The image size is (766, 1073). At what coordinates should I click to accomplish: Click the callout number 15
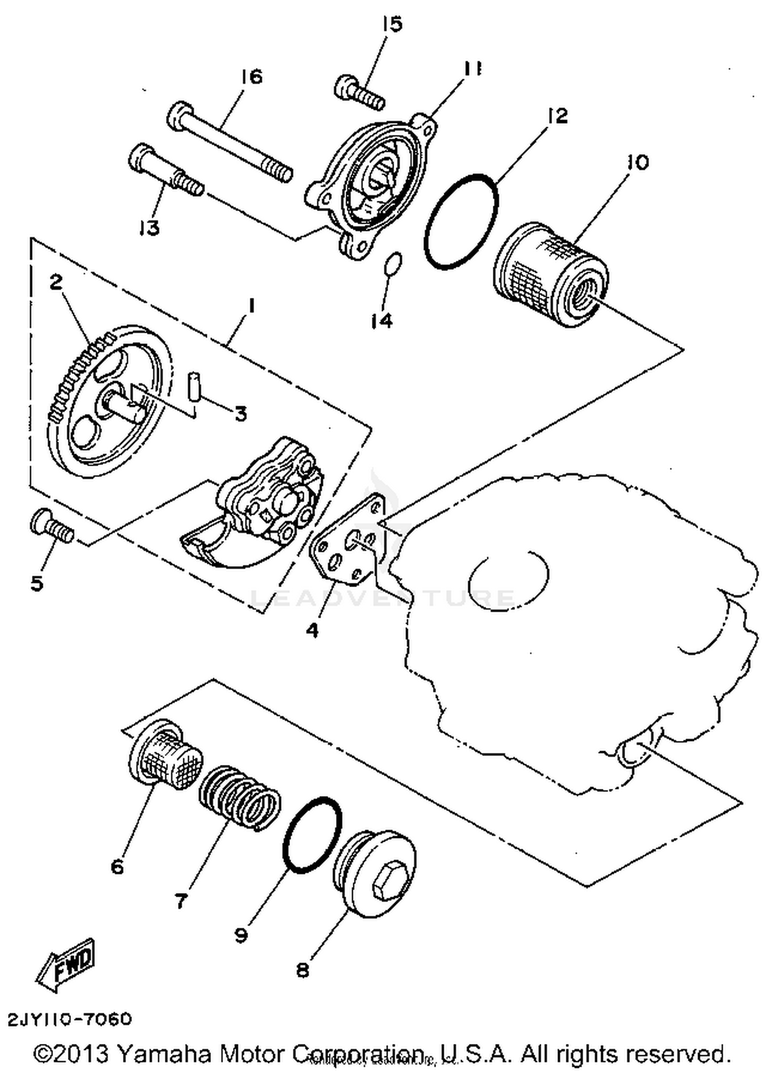click(x=392, y=25)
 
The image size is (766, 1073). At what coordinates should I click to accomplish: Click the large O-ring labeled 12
click(x=461, y=221)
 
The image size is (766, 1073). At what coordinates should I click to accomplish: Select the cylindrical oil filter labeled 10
click(x=551, y=275)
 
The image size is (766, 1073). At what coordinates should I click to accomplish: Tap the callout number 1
click(x=251, y=307)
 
